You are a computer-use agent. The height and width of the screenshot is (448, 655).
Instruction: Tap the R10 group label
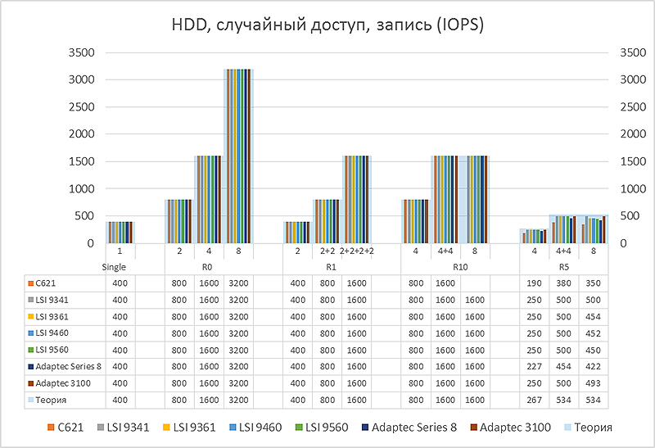point(459,266)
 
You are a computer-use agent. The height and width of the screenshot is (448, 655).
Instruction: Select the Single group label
point(119,266)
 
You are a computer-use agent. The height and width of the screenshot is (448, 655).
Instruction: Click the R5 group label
point(564,266)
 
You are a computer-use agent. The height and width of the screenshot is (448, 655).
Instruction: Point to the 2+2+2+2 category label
point(356,250)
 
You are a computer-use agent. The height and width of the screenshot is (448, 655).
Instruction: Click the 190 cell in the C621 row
point(535,283)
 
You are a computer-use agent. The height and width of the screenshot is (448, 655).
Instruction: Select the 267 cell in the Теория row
point(535,400)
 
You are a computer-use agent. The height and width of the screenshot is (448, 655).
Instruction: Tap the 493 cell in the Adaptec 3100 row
point(594,383)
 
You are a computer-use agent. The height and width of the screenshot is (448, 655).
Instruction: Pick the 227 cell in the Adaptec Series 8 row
point(535,367)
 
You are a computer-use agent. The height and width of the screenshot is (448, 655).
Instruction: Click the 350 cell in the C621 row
point(594,283)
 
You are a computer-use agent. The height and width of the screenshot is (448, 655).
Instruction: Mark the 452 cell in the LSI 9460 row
point(594,333)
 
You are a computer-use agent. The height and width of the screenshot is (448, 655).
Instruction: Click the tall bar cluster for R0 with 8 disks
point(238,156)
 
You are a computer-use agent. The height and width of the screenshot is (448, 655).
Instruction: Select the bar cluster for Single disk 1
point(120,232)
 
